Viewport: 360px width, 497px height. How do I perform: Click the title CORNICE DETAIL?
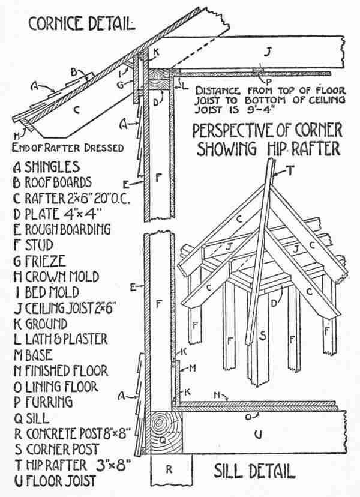[80, 24]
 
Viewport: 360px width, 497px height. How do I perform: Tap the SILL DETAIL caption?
[254, 471]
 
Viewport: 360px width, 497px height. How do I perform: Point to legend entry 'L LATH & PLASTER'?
[60, 339]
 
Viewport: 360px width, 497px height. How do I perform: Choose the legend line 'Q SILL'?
[36, 418]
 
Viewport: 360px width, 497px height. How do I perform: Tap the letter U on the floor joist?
[258, 434]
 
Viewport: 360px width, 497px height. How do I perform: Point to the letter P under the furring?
[259, 79]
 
